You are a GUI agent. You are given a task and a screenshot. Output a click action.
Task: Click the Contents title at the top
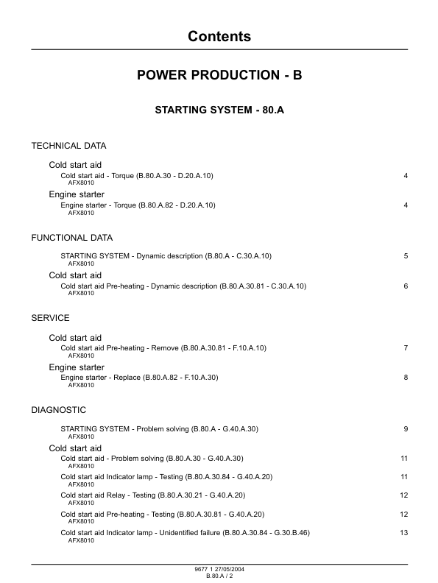tap(219, 36)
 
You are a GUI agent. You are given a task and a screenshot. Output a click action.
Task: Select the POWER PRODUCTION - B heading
tap(219, 75)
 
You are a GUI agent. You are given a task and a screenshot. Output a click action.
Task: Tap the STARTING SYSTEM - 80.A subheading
tap(219, 110)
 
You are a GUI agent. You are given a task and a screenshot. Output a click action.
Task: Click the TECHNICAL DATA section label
tap(68, 146)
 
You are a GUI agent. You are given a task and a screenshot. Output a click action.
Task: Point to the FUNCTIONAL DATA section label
tap(71, 238)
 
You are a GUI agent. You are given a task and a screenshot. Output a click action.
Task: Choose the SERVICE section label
tap(50, 318)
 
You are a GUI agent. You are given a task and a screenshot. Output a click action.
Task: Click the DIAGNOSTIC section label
tap(58, 410)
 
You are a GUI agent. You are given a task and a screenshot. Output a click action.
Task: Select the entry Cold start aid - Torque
tap(137, 176)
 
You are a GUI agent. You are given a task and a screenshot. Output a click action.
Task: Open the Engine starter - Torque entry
tap(138, 205)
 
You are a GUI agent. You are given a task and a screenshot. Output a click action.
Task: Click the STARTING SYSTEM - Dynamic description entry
tap(166, 256)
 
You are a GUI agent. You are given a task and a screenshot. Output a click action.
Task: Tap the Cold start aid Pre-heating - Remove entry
tap(163, 348)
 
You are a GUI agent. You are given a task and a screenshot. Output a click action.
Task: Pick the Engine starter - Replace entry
tap(139, 378)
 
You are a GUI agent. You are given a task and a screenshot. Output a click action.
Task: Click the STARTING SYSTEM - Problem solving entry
tap(159, 429)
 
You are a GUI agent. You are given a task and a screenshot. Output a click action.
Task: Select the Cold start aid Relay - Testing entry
tap(152, 495)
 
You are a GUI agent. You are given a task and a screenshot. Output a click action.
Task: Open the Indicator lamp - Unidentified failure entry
tap(185, 533)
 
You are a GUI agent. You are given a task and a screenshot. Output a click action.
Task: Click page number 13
tap(403, 533)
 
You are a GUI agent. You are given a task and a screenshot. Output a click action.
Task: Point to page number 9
tap(406, 429)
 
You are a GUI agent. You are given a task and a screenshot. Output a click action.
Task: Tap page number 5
tap(406, 256)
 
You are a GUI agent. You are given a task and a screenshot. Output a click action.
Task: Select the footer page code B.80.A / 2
tap(219, 576)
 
